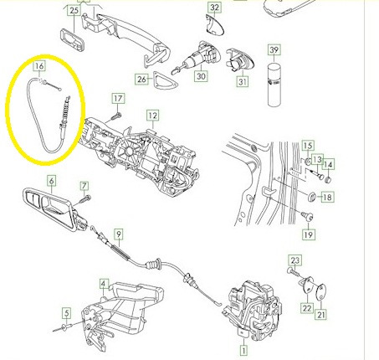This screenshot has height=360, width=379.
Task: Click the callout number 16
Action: click(x=39, y=66)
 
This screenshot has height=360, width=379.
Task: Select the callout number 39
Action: click(x=274, y=50)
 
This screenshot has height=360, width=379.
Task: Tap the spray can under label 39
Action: click(x=274, y=85)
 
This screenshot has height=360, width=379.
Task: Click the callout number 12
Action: click(x=152, y=116)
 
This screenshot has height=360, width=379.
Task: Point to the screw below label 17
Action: click(x=116, y=116)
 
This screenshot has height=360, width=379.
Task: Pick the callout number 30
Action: click(x=201, y=76)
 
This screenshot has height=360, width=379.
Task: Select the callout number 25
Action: click(x=74, y=11)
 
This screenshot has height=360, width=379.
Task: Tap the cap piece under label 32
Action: click(x=214, y=25)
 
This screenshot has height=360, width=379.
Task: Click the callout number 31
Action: click(x=243, y=82)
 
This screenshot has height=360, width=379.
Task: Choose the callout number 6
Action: click(x=51, y=181)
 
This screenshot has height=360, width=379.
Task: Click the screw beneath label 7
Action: click(x=85, y=198)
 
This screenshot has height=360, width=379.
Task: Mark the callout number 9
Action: click(x=119, y=234)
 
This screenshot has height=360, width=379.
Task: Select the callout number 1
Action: click(x=243, y=351)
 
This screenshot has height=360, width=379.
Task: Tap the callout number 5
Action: click(x=66, y=313)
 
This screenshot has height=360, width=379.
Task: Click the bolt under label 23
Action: click(x=293, y=271)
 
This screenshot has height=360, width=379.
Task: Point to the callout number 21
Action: click(x=321, y=315)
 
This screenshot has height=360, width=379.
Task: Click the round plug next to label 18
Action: click(x=312, y=197)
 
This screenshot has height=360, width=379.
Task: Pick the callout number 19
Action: click(x=309, y=234)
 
